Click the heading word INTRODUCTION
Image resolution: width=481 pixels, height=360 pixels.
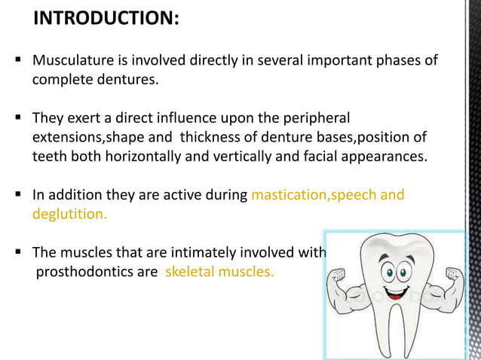[x=105, y=17]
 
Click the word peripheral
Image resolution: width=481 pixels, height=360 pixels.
[x=313, y=118]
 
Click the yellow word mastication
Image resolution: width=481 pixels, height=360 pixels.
[x=289, y=195]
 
